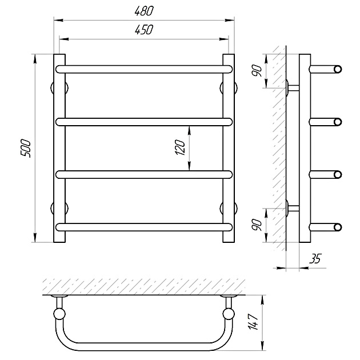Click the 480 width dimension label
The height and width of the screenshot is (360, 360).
point(144,11)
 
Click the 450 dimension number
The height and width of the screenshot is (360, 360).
point(144,30)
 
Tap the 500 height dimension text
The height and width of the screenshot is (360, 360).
point(26,148)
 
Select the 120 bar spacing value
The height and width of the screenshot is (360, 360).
point(181,147)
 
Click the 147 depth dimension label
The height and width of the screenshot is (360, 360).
point(253,321)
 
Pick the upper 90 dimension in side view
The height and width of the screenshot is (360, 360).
point(256,71)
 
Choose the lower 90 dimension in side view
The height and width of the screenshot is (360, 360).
point(256,225)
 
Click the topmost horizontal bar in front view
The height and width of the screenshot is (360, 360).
point(144,69)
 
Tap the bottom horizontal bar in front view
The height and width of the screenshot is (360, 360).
point(144,227)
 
